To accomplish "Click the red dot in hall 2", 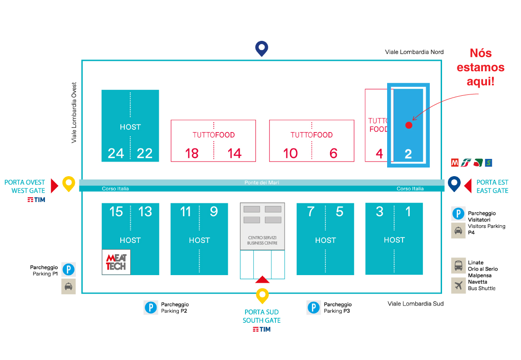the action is pyautogui.click(x=409, y=125).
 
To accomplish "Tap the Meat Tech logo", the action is pyautogui.click(x=116, y=262).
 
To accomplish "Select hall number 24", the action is pyautogui.click(x=116, y=153).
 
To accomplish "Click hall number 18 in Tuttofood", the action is pyautogui.click(x=192, y=153).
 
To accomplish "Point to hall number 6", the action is pyautogui.click(x=333, y=153).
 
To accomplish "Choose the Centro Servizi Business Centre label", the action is pyautogui.click(x=262, y=240).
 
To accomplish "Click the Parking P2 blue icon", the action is pyautogui.click(x=151, y=307).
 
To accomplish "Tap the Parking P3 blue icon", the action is pyautogui.click(x=313, y=307).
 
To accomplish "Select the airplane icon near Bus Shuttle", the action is pyautogui.click(x=458, y=286).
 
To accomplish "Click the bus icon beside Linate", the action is pyautogui.click(x=458, y=265).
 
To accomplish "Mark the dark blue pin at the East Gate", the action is pyautogui.click(x=454, y=184).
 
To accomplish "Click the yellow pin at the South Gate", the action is pyautogui.click(x=262, y=296).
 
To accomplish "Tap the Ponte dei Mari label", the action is pyautogui.click(x=262, y=182).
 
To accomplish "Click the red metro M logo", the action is pyautogui.click(x=455, y=163).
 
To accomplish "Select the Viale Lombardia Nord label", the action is pyautogui.click(x=414, y=52).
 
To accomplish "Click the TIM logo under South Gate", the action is pyautogui.click(x=261, y=330).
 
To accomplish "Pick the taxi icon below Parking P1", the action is pyautogui.click(x=69, y=286).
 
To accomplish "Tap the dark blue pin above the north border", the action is pyautogui.click(x=262, y=49).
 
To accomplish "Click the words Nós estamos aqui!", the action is pyautogui.click(x=481, y=67).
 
